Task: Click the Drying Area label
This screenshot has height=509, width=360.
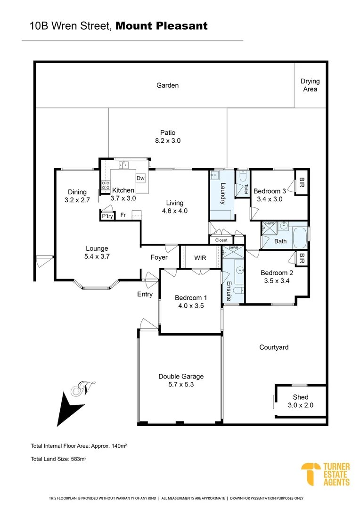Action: pos(310,85)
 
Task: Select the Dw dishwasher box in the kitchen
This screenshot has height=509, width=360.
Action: pos(140,178)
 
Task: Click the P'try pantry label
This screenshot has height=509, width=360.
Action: pos(107,216)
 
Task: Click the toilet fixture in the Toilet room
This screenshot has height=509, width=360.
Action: pos(243,178)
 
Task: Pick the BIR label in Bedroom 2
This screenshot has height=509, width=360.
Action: pos(302,258)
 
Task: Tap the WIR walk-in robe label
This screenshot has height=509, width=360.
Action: pos(200,258)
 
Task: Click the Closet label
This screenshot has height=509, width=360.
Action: pos(221,240)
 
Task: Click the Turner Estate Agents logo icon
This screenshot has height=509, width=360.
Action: pos(310,474)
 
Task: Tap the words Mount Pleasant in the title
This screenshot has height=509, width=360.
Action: pos(161,26)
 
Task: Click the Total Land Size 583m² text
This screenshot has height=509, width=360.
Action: pos(58,458)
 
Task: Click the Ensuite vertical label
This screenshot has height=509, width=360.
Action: pos(229,291)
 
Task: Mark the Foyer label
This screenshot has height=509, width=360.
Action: pos(159,257)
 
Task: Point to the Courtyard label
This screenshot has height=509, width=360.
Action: pos(274,347)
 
